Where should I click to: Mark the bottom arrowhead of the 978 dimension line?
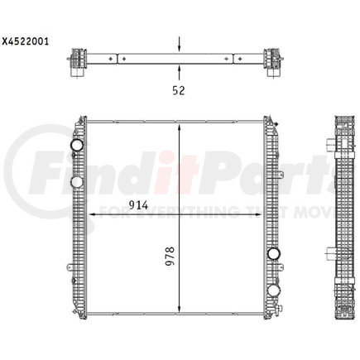pos(179,308)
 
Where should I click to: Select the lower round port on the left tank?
pos(77,181)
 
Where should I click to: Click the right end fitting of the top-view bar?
pos(272,60)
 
